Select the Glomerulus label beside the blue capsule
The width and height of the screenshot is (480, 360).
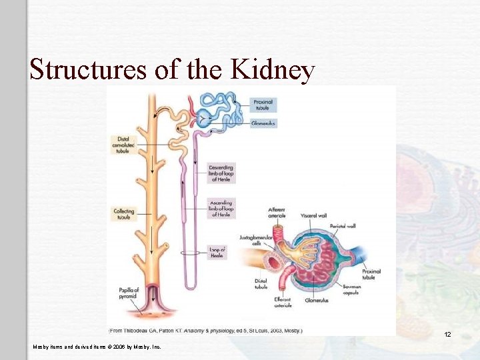pos(265,123)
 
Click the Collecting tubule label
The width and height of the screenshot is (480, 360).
pos(124,214)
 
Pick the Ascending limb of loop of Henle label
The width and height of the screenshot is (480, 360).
pos(221,207)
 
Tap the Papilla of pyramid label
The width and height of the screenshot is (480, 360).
pos(127,293)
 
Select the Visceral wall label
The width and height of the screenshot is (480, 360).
pos(312,215)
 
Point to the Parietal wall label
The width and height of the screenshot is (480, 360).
pos(361,226)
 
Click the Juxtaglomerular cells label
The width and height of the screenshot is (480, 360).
pos(253,241)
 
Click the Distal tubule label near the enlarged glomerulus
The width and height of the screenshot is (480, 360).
pos(261,284)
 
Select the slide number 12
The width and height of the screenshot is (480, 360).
pos(448,334)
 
